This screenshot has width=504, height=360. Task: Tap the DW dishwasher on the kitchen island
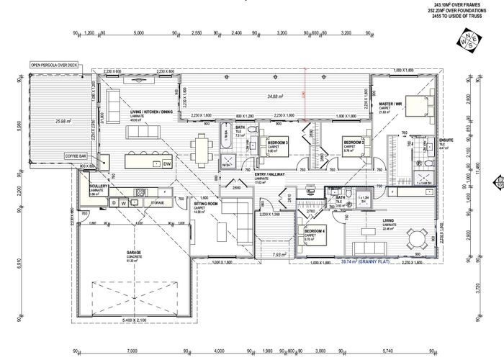(x=166, y=164)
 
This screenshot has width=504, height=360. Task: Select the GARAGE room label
(x=135, y=253)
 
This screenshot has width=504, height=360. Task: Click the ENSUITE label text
(x=447, y=140)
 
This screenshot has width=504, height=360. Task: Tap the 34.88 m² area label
(x=275, y=96)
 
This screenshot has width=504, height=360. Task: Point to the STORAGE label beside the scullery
(x=157, y=203)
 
